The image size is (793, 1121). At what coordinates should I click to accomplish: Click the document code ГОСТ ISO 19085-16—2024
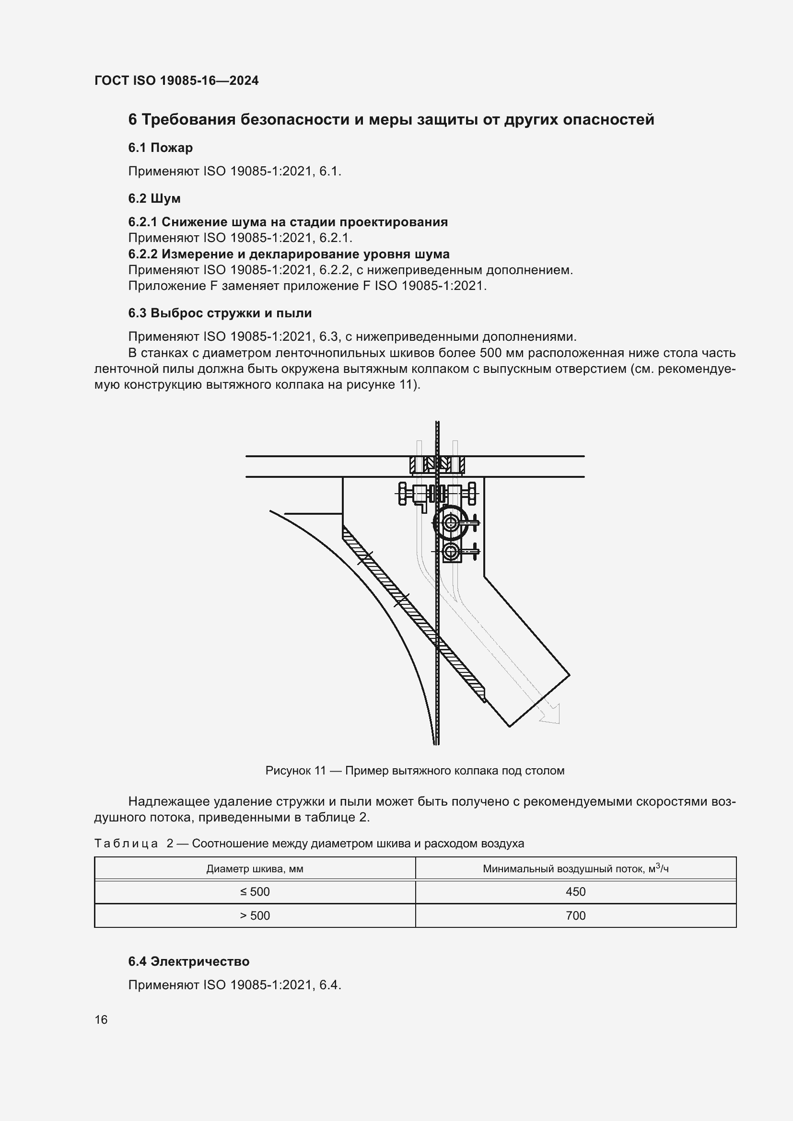coord(176,81)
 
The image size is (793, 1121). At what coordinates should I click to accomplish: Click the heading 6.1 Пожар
coord(160,148)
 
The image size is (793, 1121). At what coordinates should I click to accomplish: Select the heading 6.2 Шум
coord(154,198)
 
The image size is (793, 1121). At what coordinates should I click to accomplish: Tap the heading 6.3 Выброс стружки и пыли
coord(220,313)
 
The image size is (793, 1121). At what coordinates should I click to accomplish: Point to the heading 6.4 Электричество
coord(188,961)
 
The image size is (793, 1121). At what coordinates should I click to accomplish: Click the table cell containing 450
coord(575,891)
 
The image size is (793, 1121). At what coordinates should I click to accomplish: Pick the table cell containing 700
coord(575,915)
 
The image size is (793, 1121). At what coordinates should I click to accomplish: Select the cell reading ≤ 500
coord(255,891)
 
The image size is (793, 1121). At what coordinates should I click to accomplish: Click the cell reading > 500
coord(255,915)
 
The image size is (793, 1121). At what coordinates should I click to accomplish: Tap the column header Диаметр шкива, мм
coord(255,868)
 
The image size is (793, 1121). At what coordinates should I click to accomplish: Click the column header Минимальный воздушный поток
coord(575,868)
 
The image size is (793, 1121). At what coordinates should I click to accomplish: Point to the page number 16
coord(101,1019)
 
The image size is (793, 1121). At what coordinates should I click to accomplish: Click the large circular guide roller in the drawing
coord(450,523)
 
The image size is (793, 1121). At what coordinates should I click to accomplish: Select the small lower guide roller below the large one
coord(450,552)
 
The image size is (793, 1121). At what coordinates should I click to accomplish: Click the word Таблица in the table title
coord(126,843)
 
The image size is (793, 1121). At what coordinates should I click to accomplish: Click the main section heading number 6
coord(132,120)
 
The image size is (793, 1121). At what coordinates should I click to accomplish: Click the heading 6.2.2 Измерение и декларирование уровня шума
coord(289,254)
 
